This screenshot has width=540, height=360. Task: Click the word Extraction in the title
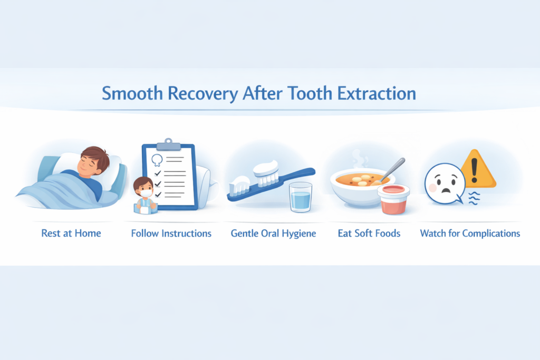click(x=377, y=93)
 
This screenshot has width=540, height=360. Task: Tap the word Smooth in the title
click(x=132, y=93)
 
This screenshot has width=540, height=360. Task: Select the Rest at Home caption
click(x=71, y=233)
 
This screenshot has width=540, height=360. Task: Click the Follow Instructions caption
click(x=171, y=233)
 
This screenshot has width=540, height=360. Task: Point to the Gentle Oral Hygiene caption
click(x=274, y=233)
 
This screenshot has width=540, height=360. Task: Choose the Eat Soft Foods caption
click(x=369, y=233)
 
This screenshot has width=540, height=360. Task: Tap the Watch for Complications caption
click(x=470, y=233)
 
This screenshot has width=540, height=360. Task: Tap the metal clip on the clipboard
click(x=168, y=144)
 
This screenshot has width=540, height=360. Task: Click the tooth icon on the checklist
click(x=157, y=160)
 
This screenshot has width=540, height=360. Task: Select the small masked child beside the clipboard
click(x=145, y=196)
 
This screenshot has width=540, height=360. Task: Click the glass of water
click(x=301, y=197)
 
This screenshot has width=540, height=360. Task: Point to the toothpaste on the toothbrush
click(x=266, y=168)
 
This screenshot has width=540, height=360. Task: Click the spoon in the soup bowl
click(x=390, y=171)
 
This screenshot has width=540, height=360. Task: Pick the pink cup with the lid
click(x=393, y=199)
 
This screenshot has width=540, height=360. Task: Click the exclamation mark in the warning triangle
click(x=475, y=170)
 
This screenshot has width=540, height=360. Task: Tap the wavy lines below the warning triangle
click(x=474, y=199)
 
